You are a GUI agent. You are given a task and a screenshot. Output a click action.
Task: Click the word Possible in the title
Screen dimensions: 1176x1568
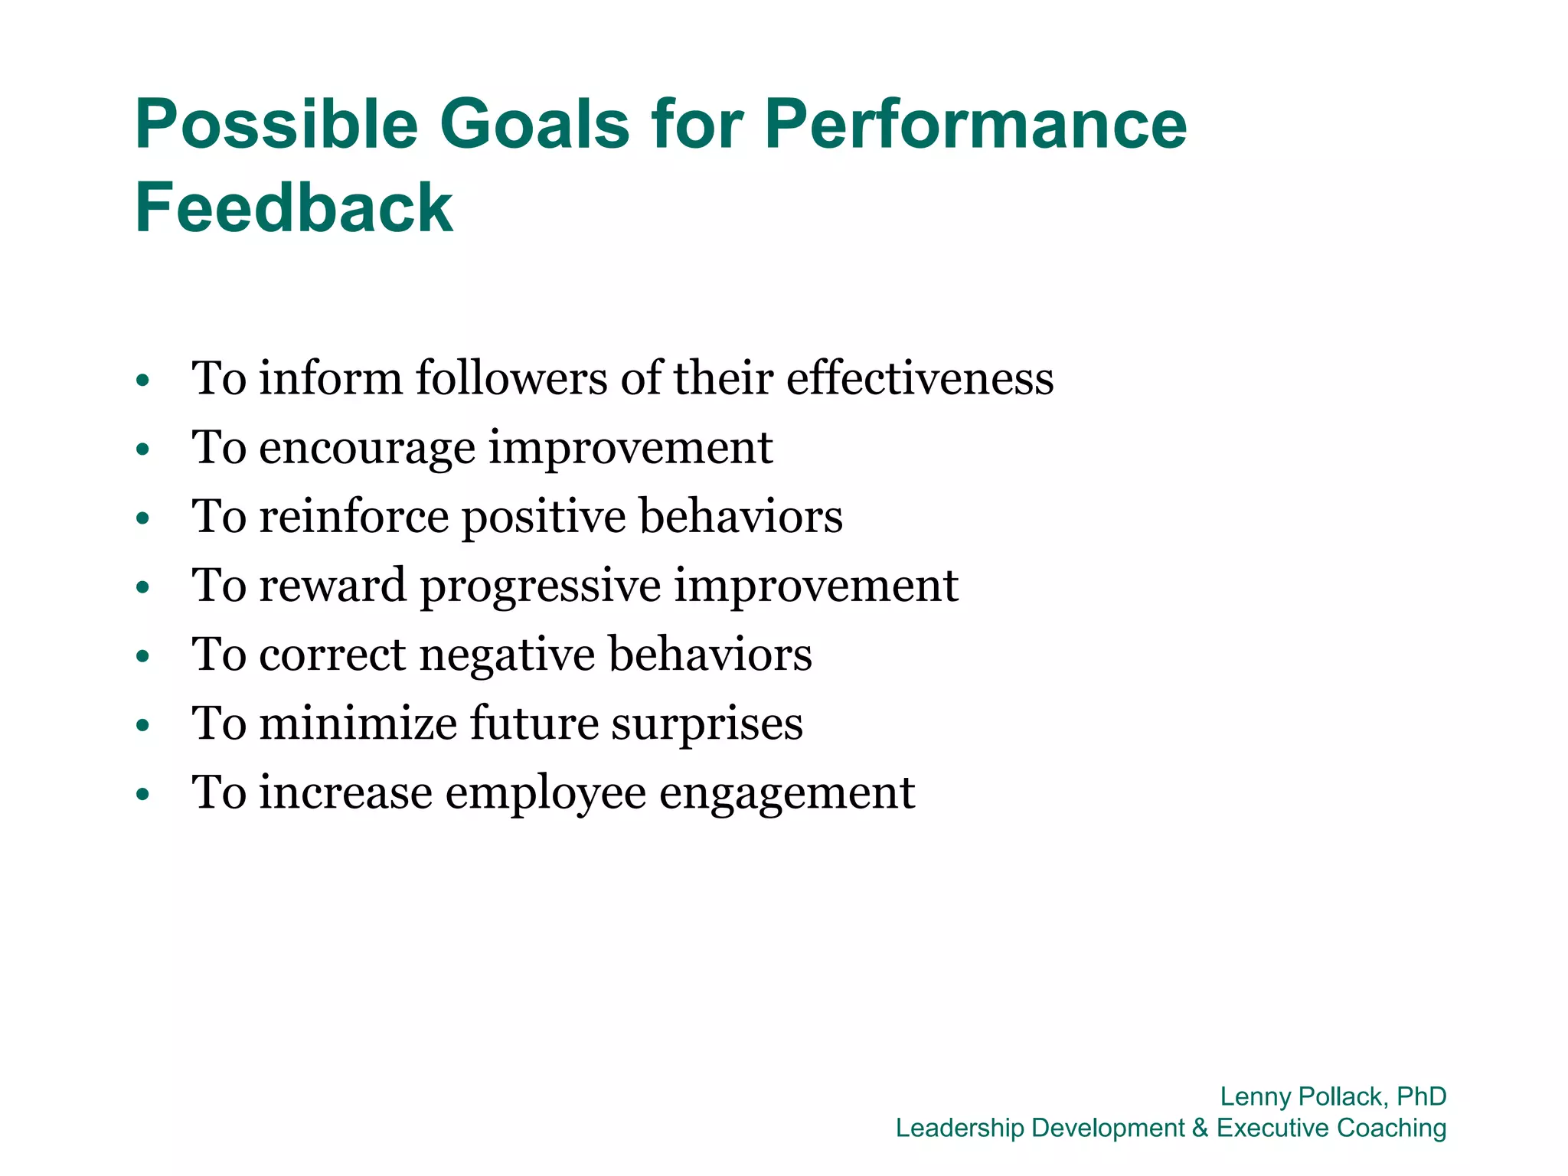pyautogui.click(x=276, y=124)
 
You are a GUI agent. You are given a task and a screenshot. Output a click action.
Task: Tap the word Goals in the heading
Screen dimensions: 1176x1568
pyautogui.click(x=534, y=124)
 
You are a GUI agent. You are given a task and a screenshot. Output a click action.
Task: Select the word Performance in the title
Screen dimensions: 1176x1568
pyautogui.click(x=975, y=124)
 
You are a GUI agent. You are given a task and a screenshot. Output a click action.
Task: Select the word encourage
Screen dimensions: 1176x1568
pyautogui.click(x=367, y=447)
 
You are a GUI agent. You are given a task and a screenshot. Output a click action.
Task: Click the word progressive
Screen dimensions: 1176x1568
pyautogui.click(x=541, y=586)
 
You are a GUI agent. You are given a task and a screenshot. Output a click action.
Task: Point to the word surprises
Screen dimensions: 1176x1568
pyautogui.click(x=707, y=724)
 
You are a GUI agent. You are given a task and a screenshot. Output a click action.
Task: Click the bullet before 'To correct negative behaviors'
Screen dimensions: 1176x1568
pyautogui.click(x=142, y=657)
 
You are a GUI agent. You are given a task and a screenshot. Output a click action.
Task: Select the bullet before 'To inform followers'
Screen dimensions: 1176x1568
pyautogui.click(x=142, y=381)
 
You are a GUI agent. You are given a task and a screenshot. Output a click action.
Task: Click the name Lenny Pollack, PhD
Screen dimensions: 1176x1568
pyautogui.click(x=1332, y=1096)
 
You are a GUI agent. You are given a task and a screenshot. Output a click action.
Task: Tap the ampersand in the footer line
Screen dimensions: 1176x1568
pyautogui.click(x=1200, y=1128)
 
